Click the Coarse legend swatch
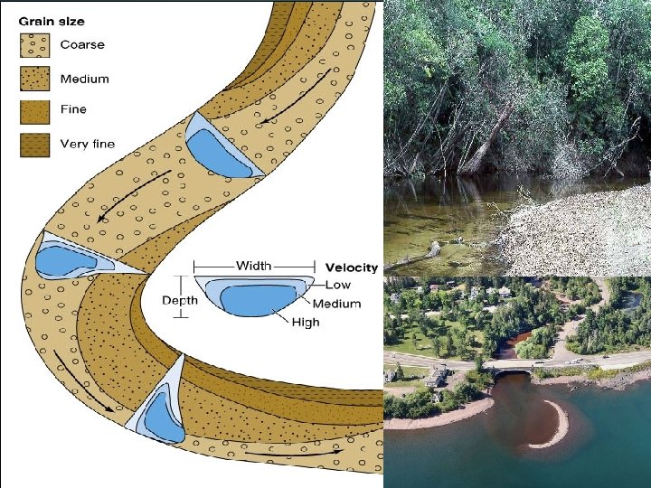click(35, 44)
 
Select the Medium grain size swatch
click(35, 79)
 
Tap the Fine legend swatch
click(35, 110)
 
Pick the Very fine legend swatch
click(35, 144)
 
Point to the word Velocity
click(352, 267)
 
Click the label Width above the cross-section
click(253, 266)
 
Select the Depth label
click(178, 300)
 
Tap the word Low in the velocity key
click(339, 285)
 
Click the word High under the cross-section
click(306, 323)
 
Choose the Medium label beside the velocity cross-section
click(336, 304)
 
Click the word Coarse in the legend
click(82, 44)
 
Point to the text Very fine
click(88, 144)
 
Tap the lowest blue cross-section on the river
click(162, 411)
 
